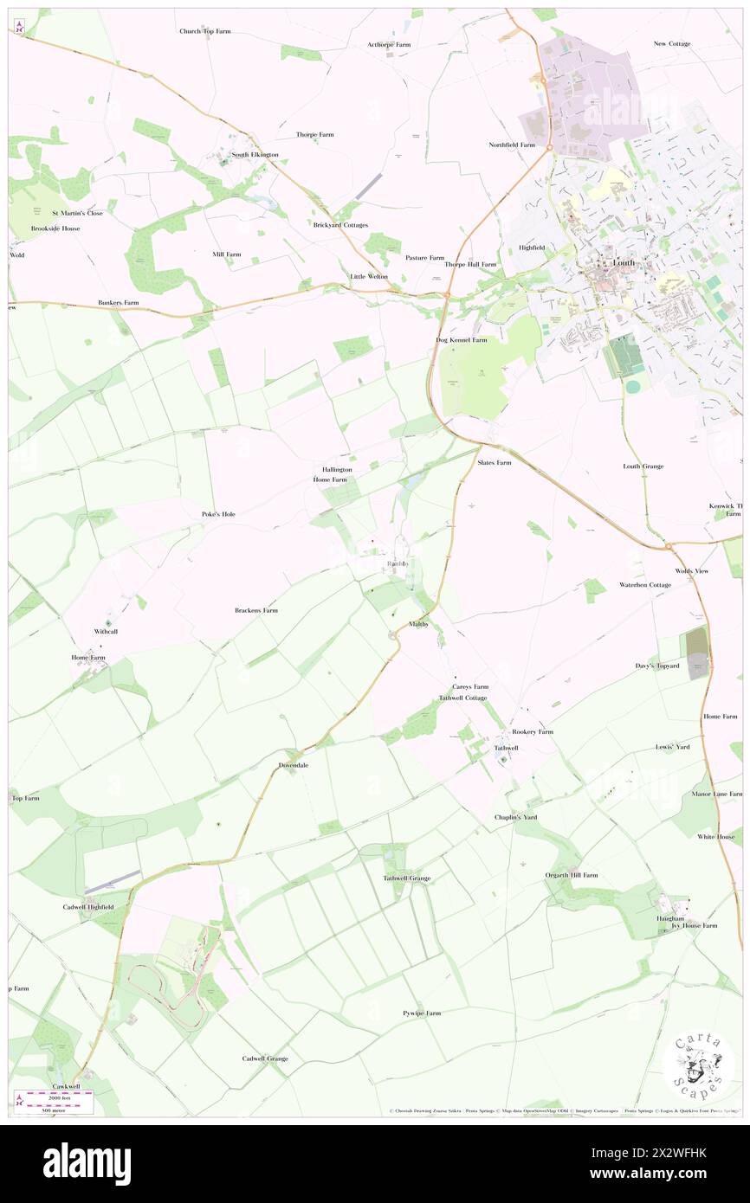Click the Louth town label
(x=623, y=262)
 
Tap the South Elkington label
(x=255, y=155)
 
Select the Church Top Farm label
(x=205, y=31)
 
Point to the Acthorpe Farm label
(x=388, y=44)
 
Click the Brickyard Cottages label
(x=340, y=225)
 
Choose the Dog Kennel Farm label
(x=461, y=340)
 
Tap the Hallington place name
(x=331, y=469)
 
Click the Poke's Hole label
(x=218, y=514)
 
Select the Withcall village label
(x=107, y=632)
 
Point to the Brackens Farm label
(x=256, y=610)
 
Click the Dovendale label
(x=294, y=766)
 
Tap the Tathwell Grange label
(x=406, y=878)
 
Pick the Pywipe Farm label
(x=421, y=1013)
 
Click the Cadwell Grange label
(x=265, y=1058)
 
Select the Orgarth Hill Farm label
(x=571, y=875)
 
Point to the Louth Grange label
(x=643, y=466)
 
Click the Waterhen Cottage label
(x=645, y=585)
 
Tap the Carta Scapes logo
(x=697, y=1067)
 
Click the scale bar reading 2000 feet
(x=59, y=1095)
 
